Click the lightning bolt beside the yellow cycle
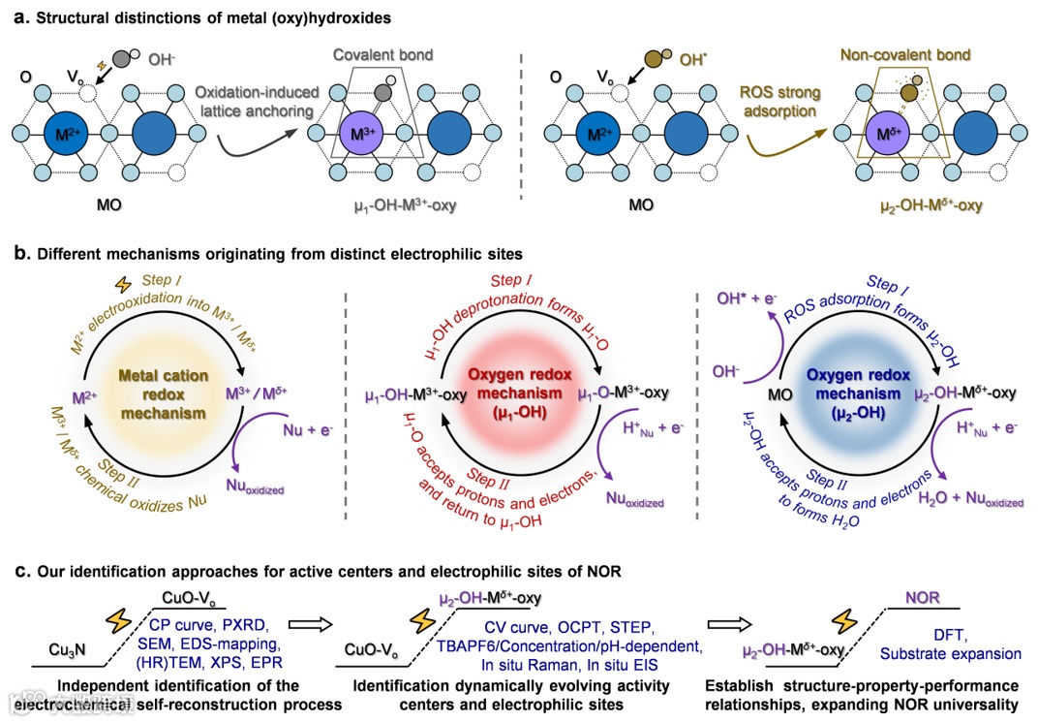tap(123, 286)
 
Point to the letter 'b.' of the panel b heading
tap(20, 255)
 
